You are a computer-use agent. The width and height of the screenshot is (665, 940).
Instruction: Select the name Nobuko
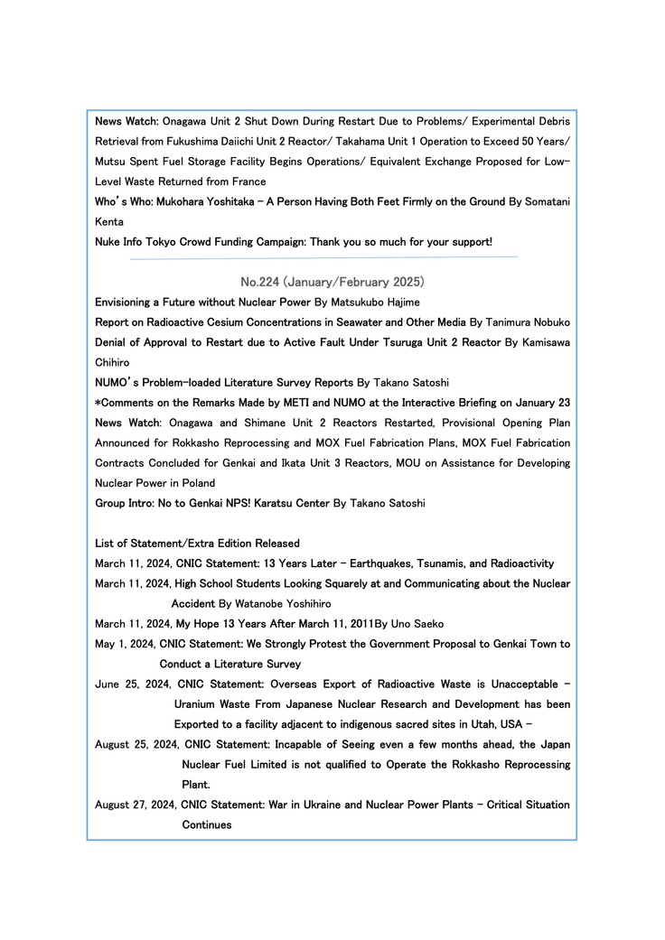pos(547,322)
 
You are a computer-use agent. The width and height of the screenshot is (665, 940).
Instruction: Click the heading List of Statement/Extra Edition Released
pos(197,544)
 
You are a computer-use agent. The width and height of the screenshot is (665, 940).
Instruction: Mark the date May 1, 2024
pos(125,644)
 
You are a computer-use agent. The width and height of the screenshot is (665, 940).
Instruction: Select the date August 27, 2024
pos(136,805)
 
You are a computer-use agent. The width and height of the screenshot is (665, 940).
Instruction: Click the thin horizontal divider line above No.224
pos(323,257)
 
